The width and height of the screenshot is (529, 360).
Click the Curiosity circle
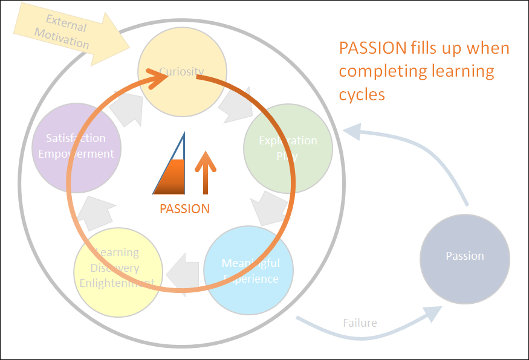point(182,71)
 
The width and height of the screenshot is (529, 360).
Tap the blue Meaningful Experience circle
point(249,271)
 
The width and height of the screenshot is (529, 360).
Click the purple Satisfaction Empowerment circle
point(76,147)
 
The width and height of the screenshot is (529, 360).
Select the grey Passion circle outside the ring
point(464,256)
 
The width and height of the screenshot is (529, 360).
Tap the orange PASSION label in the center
point(184,209)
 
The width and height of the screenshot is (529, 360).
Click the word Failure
point(359,323)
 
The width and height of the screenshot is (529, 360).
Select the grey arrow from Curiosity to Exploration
point(236,104)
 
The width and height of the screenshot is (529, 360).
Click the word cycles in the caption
point(361,95)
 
